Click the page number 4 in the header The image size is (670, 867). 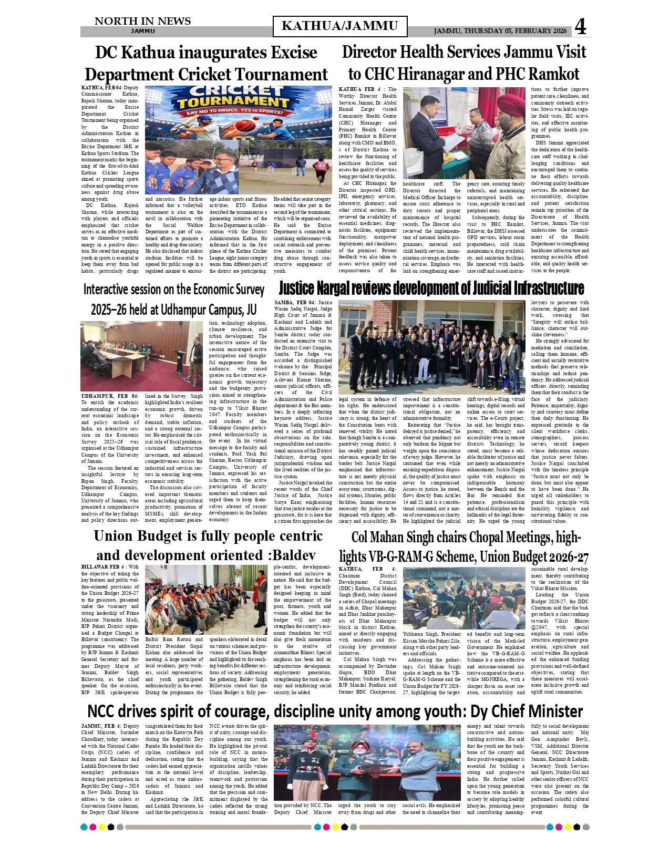point(580,27)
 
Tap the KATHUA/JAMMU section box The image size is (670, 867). point(340,26)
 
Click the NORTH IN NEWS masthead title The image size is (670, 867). point(142,21)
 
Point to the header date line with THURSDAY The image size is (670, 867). point(500,31)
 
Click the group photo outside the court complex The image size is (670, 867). point(431,347)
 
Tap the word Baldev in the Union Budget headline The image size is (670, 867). point(294,555)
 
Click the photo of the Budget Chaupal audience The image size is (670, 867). point(206,600)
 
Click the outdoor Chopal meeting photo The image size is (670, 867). point(464,598)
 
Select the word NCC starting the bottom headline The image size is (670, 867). point(106,711)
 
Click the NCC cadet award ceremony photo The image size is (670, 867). point(367,762)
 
